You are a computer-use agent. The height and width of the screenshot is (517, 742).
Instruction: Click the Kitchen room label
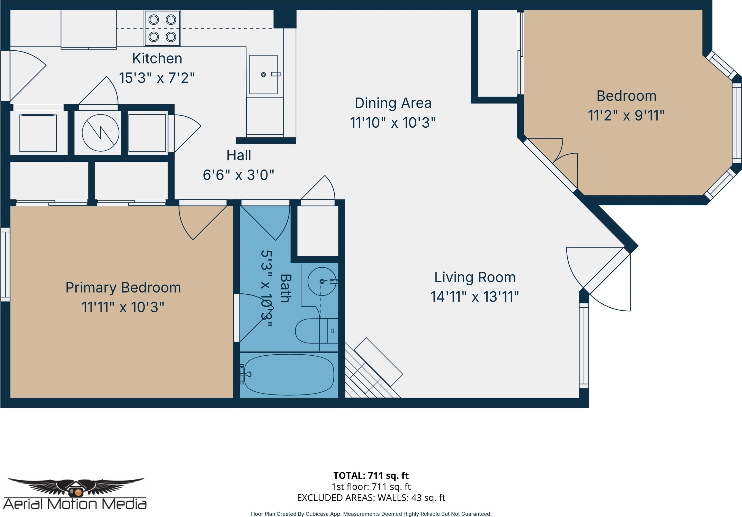click(x=157, y=58)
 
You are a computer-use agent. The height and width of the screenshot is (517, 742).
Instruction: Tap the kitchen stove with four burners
click(x=162, y=28)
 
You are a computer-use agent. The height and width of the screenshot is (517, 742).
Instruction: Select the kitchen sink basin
click(x=263, y=74)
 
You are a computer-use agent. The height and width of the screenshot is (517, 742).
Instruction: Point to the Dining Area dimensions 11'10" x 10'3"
click(x=393, y=122)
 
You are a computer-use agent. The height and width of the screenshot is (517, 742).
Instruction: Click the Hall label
click(x=238, y=155)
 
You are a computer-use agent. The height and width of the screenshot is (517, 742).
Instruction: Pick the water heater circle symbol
click(x=101, y=133)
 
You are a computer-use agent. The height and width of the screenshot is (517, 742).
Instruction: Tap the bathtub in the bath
click(x=289, y=375)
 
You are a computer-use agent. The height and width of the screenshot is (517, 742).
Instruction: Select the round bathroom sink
click(x=322, y=281)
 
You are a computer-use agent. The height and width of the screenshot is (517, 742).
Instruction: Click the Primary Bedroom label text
click(x=123, y=287)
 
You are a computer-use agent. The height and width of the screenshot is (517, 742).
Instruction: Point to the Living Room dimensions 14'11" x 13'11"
click(x=475, y=297)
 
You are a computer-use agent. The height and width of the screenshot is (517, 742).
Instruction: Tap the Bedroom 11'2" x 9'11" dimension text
click(x=626, y=116)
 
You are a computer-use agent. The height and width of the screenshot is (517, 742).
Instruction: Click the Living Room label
click(x=475, y=277)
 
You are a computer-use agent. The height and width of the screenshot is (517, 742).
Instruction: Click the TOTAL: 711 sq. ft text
click(x=371, y=476)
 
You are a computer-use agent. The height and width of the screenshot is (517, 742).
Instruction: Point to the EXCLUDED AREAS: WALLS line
click(x=371, y=498)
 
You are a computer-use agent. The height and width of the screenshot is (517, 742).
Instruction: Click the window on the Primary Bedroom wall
click(x=5, y=265)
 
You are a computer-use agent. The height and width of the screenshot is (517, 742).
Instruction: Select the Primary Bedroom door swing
click(x=203, y=222)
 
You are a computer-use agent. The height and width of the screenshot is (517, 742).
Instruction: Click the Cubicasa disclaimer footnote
click(x=371, y=514)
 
